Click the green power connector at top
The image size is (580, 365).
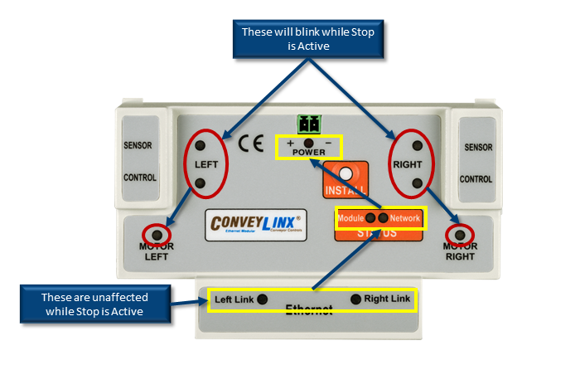(x=309, y=124)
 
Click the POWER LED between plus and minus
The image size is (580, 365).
(x=309, y=144)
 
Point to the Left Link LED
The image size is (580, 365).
(x=262, y=299)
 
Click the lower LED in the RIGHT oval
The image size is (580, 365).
(x=418, y=183)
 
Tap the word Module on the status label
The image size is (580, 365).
(x=351, y=218)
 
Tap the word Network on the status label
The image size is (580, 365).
(x=406, y=218)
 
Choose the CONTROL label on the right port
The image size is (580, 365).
(x=476, y=178)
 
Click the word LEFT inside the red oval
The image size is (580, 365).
(x=205, y=164)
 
